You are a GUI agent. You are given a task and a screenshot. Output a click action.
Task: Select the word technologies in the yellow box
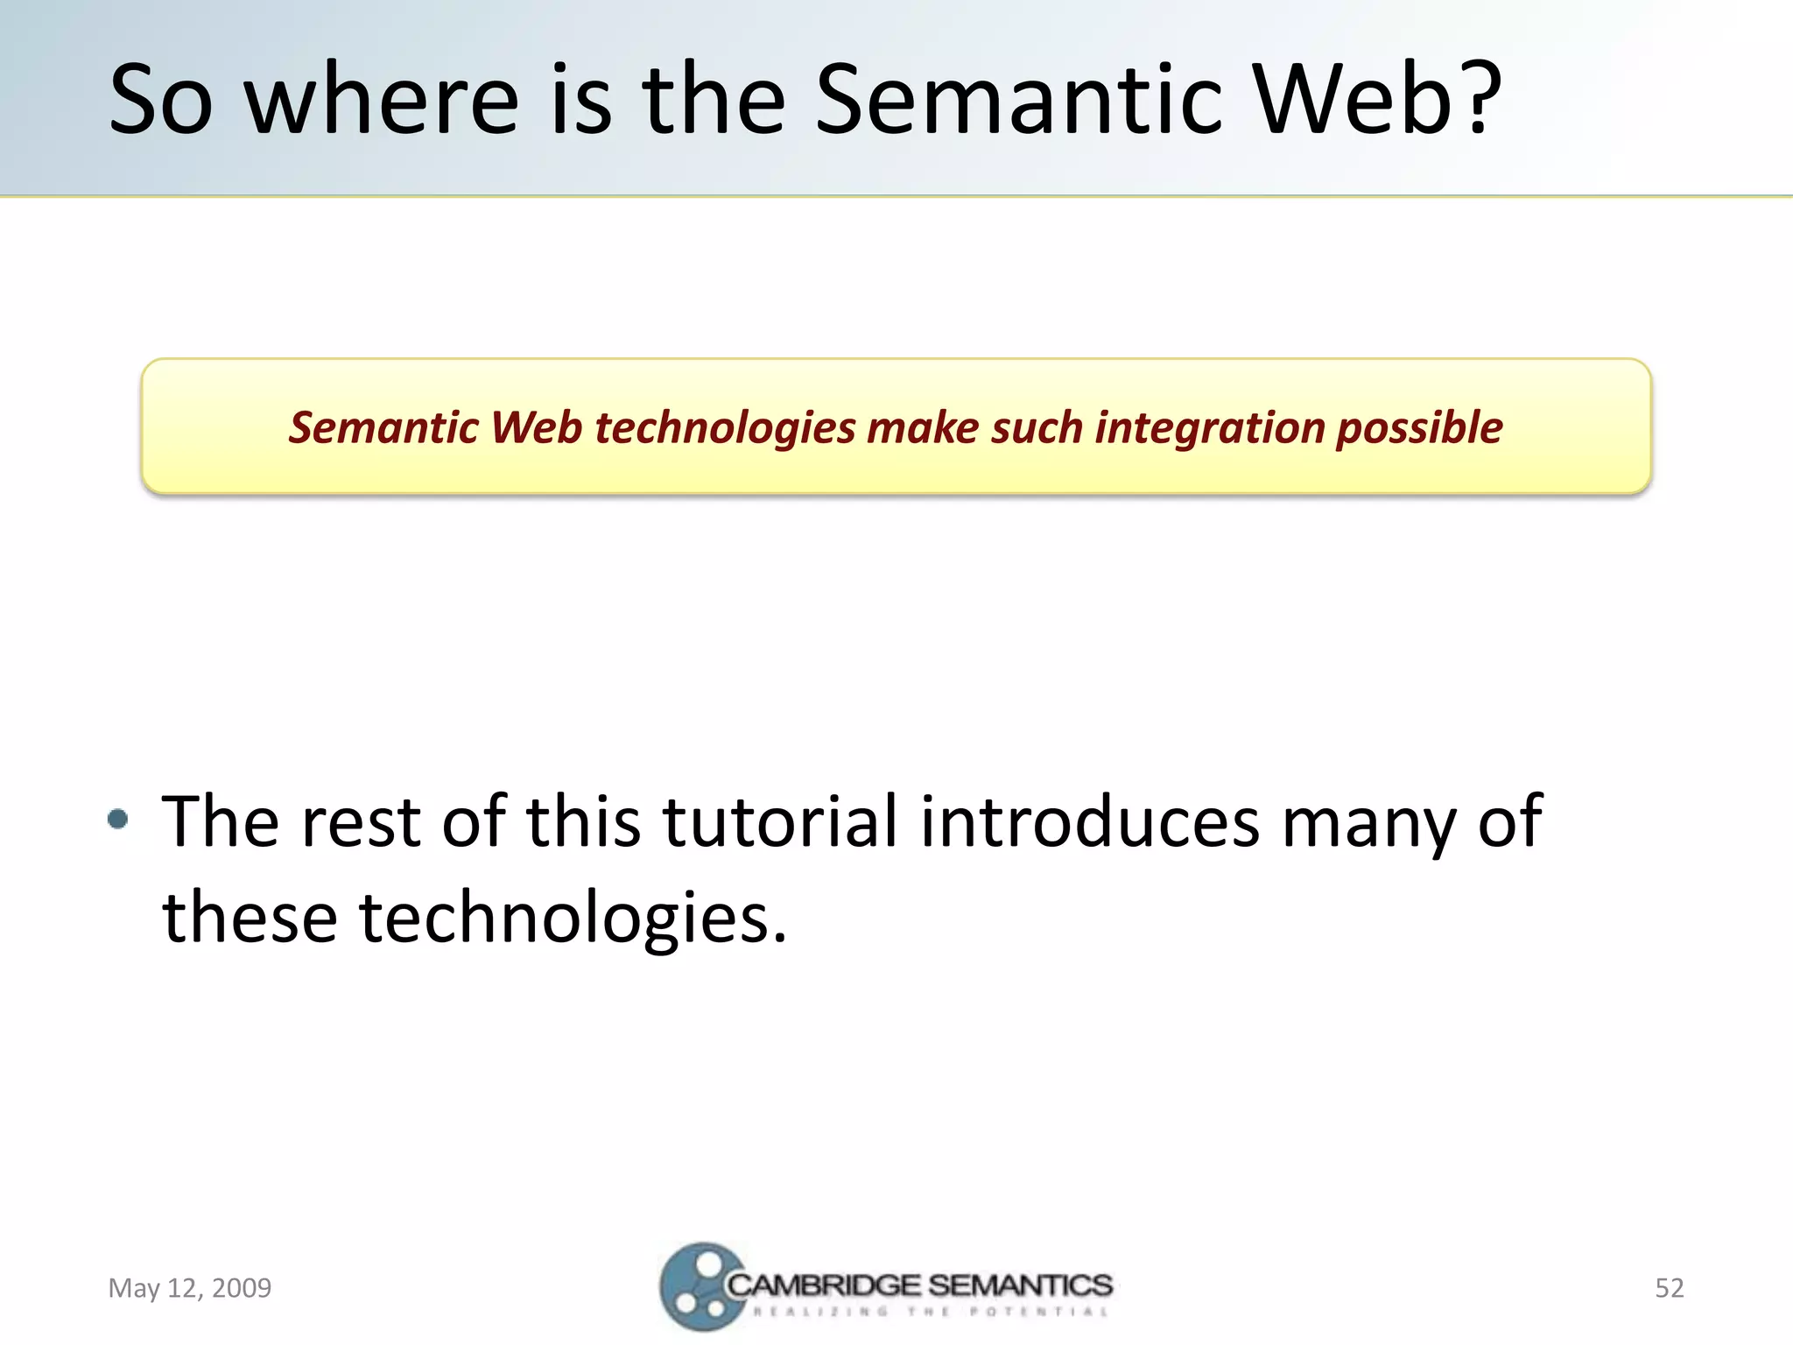724,428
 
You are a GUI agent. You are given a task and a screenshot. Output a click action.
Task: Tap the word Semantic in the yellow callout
383,428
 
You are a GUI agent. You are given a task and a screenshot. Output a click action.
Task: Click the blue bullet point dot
117,820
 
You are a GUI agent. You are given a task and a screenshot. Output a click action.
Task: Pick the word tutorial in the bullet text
779,821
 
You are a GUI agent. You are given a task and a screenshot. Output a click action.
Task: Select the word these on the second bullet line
250,917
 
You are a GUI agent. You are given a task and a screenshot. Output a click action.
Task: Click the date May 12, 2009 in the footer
189,1288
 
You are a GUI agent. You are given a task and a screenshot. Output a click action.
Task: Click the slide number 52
1669,1288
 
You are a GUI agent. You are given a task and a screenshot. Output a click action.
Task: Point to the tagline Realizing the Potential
931,1312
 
